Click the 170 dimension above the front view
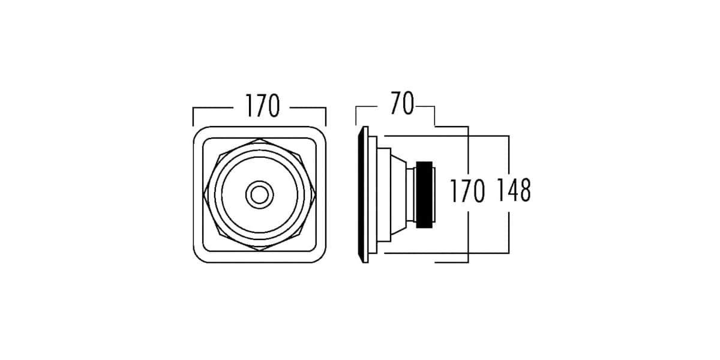263,106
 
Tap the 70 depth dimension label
402,103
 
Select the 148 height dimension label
514,190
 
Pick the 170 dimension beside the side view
467,191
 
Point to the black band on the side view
424,195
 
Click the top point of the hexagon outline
260,139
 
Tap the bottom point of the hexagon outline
260,251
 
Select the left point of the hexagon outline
204,195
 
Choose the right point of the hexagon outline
316,195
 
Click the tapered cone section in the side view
398,194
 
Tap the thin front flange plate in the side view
363,194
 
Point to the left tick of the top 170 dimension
193,116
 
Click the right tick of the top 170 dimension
326,116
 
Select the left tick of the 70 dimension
356,115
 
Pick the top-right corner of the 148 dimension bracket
509,136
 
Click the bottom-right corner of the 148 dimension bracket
509,253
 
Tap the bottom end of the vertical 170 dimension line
468,263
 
